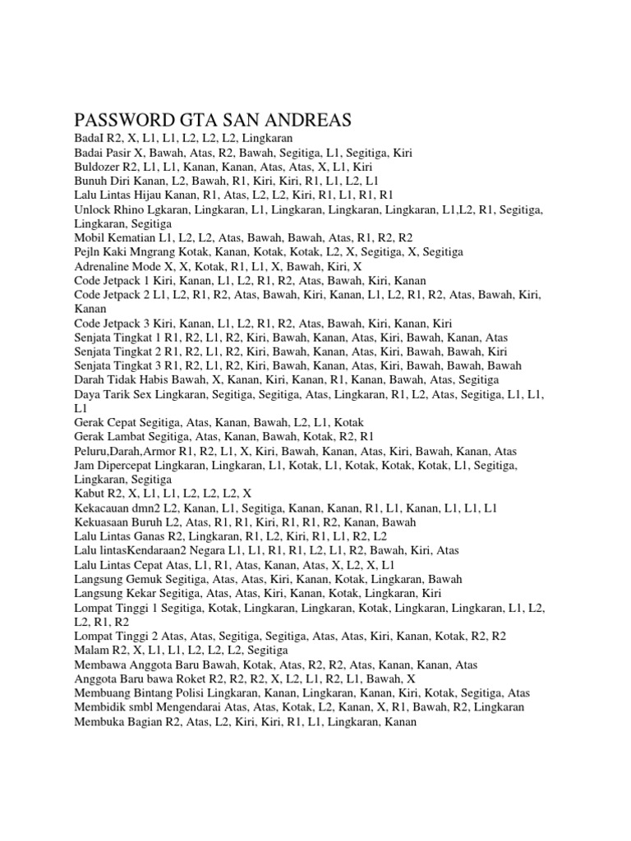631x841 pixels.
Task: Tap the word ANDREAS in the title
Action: [x=309, y=120]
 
